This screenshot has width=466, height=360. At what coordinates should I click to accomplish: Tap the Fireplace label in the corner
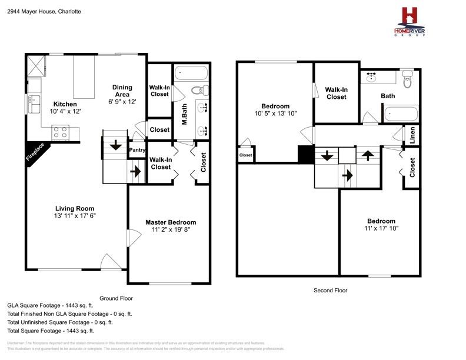pyautogui.click(x=35, y=152)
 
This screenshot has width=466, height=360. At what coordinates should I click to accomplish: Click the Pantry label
pyautogui.click(x=137, y=150)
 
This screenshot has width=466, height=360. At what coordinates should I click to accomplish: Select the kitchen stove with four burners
pyautogui.click(x=61, y=132)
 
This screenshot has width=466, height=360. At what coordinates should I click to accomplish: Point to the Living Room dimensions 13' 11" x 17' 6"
pyautogui.click(x=75, y=216)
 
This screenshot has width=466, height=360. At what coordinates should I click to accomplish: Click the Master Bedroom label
pyautogui.click(x=171, y=222)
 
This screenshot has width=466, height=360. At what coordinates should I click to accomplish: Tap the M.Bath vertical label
pyautogui.click(x=184, y=114)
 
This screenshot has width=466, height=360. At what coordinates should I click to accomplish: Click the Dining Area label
pyautogui.click(x=122, y=91)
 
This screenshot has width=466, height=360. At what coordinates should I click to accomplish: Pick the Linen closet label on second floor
pyautogui.click(x=412, y=135)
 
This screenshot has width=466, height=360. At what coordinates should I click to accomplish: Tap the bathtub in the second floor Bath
pyautogui.click(x=401, y=114)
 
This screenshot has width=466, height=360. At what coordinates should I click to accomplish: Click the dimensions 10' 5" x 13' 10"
pyautogui.click(x=275, y=114)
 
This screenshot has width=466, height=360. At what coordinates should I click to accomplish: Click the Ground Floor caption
pyautogui.click(x=116, y=298)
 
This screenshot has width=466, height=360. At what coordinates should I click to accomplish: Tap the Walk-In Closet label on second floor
pyautogui.click(x=336, y=93)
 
